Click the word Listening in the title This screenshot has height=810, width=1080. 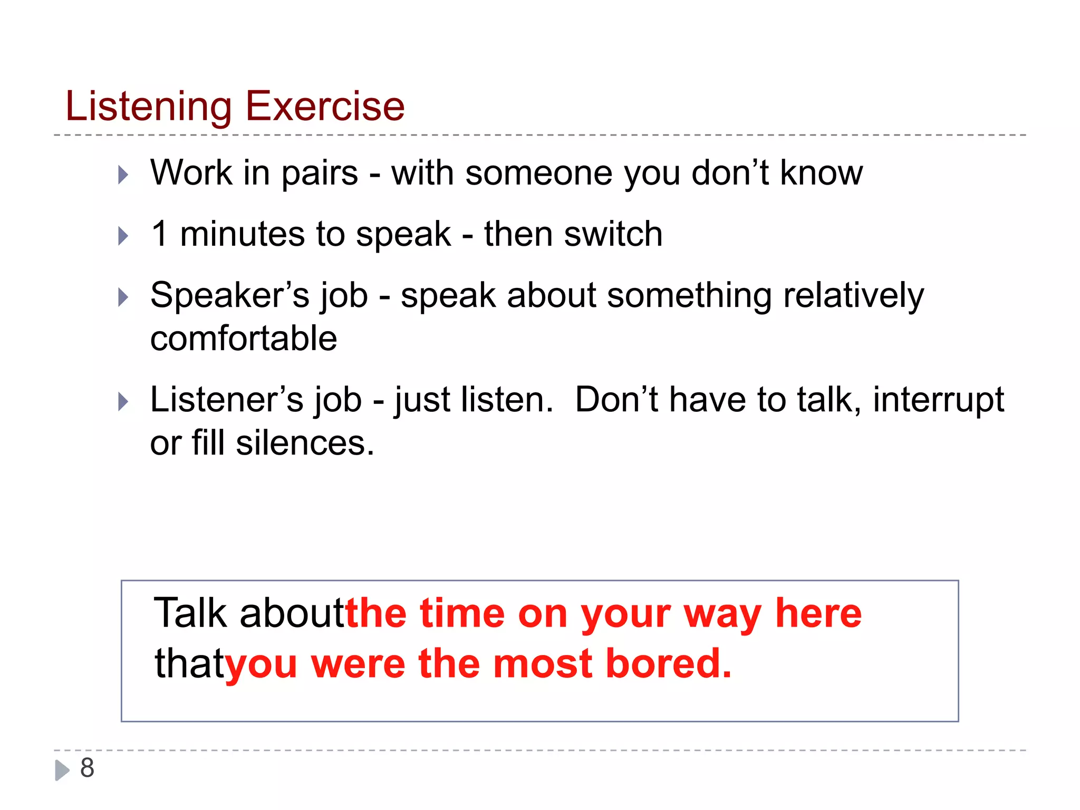[148, 107]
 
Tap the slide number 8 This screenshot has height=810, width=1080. [87, 767]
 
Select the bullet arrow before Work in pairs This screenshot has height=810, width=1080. [123, 175]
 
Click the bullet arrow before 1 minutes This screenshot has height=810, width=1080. [123, 236]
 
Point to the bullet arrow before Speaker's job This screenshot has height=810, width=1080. [123, 297]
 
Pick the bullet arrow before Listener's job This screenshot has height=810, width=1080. [123, 401]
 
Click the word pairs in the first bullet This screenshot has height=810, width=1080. [320, 174]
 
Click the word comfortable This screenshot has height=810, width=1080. [244, 339]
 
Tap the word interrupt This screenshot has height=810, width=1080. [938, 400]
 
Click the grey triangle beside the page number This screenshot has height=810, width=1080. [62, 770]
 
